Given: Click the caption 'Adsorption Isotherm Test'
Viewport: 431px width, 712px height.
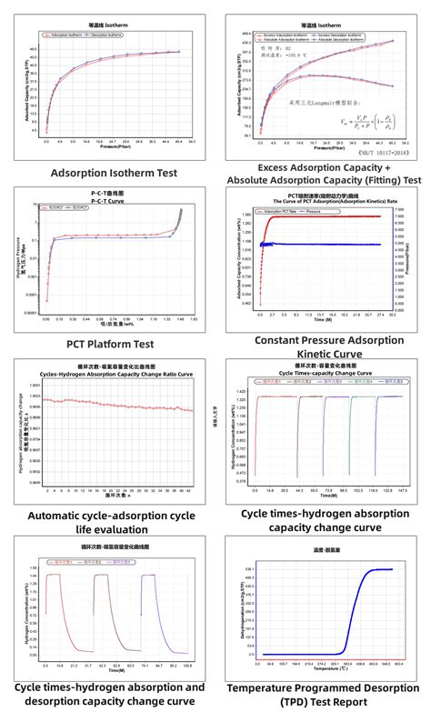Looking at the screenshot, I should click(108, 173).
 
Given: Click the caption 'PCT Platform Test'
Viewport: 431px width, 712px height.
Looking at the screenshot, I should click(108, 343).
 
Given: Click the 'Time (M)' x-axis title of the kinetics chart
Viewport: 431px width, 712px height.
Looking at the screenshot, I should click(318, 321).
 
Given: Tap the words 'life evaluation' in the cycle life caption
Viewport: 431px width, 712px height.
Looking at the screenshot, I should click(108, 529).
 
